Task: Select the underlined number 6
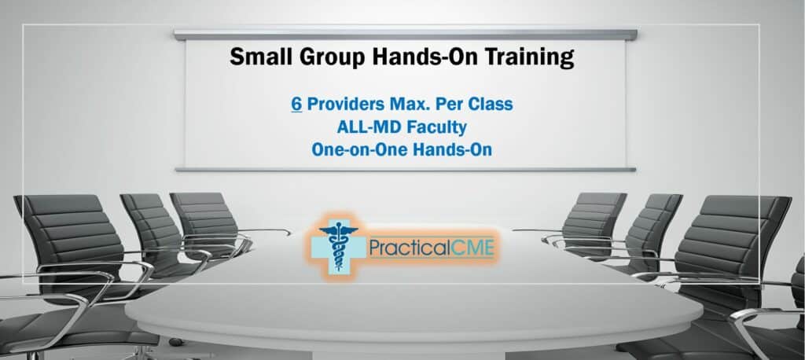(x=296, y=104)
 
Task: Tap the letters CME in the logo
(x=469, y=248)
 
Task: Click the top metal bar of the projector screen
(x=405, y=35)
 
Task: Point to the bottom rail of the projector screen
(x=405, y=169)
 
